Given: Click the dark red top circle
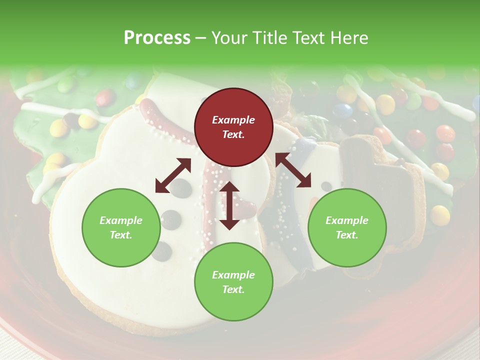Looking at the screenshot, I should click(x=233, y=127).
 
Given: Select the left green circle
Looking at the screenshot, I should click(x=121, y=227).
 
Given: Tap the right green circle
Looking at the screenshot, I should click(x=347, y=227).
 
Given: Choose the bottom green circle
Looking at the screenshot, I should click(x=233, y=282).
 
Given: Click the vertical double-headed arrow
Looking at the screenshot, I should click(x=229, y=205).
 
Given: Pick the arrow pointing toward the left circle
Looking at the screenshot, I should click(x=172, y=175).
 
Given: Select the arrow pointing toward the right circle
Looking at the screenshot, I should click(x=293, y=170).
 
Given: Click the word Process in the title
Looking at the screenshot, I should click(x=157, y=37).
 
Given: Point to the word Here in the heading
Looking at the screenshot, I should click(x=348, y=37).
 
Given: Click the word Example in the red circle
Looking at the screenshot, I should click(x=233, y=120).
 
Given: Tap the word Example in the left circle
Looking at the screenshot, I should click(x=121, y=220).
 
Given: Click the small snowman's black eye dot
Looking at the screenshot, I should click(x=326, y=186).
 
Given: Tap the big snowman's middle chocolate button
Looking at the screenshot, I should click(x=170, y=218).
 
